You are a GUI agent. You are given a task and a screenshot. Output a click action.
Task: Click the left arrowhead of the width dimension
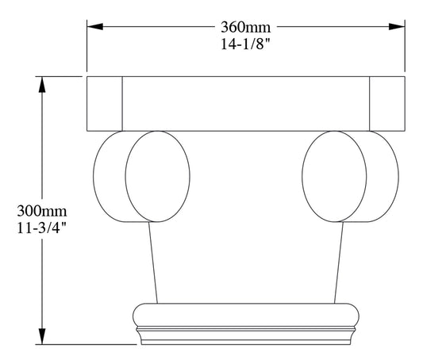(94, 27)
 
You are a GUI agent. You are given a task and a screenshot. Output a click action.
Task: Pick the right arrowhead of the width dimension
(398, 27)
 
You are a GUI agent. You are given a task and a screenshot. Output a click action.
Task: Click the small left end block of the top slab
(104, 103)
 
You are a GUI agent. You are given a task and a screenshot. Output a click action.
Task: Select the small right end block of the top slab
(387, 103)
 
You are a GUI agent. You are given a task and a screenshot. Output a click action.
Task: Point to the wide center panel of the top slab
(246, 103)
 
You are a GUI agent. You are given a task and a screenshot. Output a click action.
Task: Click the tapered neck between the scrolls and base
(246, 262)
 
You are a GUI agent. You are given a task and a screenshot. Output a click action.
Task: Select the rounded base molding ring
(246, 314)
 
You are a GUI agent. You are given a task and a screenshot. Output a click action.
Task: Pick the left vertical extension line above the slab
(87, 48)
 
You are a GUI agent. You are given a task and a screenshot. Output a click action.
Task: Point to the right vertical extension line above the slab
(406, 48)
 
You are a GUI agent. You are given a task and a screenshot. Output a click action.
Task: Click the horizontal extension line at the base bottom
(87, 344)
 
